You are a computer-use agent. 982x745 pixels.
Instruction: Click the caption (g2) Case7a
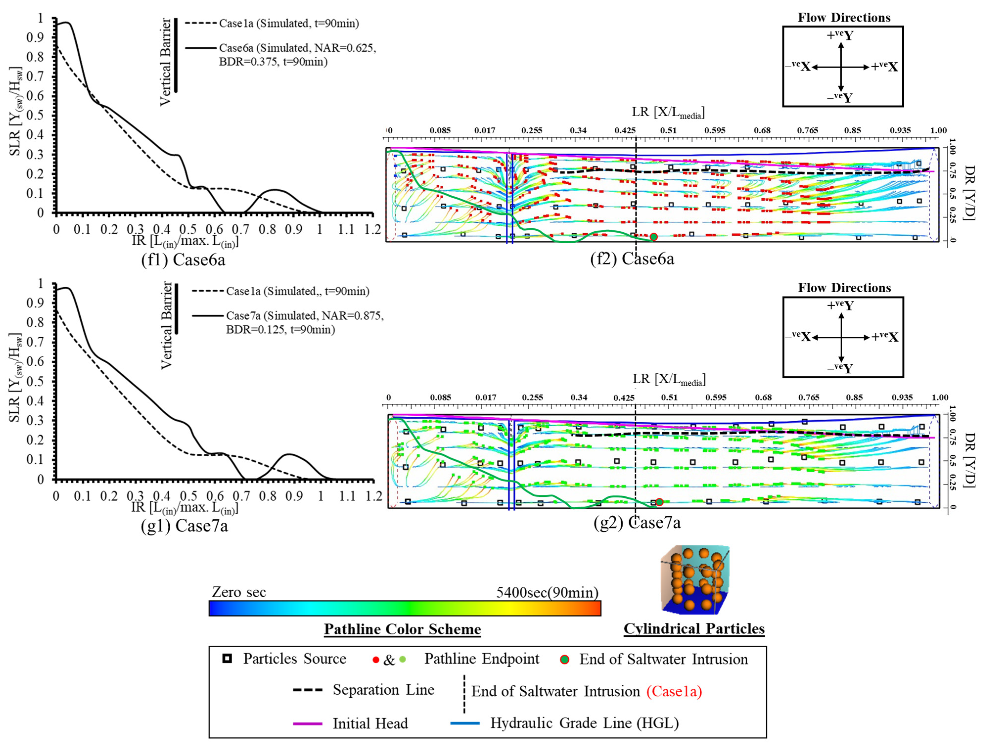[637, 523]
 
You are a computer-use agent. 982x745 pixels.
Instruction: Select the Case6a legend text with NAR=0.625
[297, 54]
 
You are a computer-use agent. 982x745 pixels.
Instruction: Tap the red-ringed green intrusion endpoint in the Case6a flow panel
[653, 237]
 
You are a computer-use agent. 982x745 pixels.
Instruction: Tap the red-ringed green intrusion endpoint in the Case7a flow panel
[659, 502]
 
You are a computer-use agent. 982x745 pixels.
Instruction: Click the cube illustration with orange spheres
[694, 580]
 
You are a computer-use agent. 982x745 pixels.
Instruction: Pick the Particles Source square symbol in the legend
[227, 659]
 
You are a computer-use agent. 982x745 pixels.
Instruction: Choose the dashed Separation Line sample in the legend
[307, 690]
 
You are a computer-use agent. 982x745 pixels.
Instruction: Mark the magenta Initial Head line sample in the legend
[307, 724]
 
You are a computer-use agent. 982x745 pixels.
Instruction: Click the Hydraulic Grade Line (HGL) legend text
[584, 723]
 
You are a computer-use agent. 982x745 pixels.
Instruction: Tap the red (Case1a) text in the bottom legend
[674, 691]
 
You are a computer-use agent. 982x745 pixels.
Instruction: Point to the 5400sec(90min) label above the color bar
[547, 592]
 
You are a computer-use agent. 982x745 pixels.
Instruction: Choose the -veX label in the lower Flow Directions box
[798, 337]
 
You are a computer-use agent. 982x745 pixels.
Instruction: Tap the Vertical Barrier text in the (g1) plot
[166, 325]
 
